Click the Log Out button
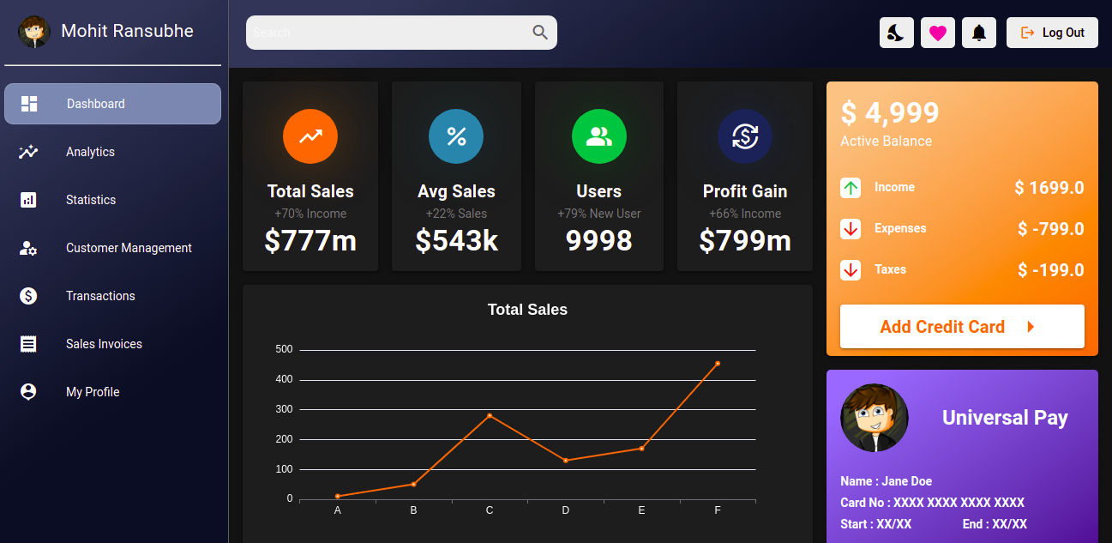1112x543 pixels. (1052, 33)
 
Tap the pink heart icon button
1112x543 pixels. (937, 33)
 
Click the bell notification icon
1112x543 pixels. (978, 33)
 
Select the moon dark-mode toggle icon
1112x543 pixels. (896, 33)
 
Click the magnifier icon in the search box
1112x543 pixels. (540, 33)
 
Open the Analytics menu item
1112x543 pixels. (90, 152)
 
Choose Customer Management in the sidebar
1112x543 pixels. (129, 248)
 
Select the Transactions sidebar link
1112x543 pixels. (100, 296)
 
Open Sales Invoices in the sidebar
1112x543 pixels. (104, 344)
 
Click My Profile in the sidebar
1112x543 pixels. (93, 392)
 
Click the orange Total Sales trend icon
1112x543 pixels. (310, 136)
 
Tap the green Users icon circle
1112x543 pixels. (599, 136)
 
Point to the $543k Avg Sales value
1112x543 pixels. (456, 241)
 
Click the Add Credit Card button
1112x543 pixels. (962, 327)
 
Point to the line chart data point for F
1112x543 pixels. (718, 364)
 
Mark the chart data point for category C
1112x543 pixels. (490, 415)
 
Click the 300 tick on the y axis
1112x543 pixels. (284, 409)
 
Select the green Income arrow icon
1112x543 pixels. (851, 188)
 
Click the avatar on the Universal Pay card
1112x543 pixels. (875, 418)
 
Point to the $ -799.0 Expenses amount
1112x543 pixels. (1050, 229)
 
